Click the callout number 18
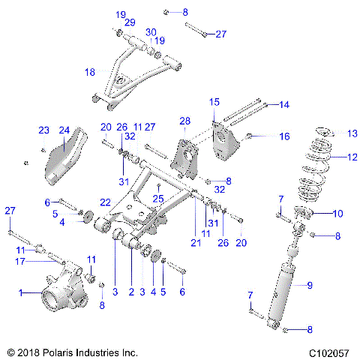point(90,72)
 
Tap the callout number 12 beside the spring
point(352,157)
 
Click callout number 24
point(64,130)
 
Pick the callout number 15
point(214,101)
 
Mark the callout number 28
point(185,120)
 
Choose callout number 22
point(106,202)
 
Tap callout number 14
point(283,105)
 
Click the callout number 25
point(157,198)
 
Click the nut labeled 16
point(249,136)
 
